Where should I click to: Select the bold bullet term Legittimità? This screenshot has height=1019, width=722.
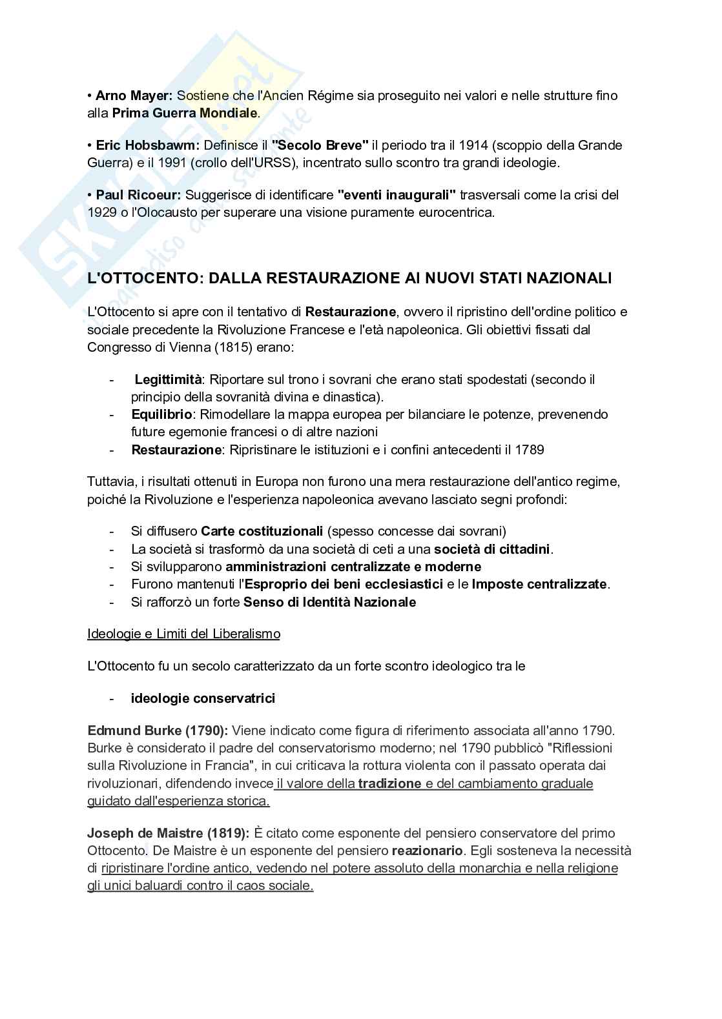168,379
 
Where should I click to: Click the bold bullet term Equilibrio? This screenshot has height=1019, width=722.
161,414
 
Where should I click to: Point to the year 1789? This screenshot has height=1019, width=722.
530,450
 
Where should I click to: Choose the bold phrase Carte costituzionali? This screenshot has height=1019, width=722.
262,531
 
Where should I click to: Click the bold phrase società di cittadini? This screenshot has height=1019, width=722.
492,549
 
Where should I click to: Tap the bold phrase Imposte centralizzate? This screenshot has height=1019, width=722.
539,584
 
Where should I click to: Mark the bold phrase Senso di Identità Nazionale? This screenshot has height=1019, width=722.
329,602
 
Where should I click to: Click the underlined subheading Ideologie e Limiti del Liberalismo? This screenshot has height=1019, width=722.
183,634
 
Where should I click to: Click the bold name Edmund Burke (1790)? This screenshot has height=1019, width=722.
158,731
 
